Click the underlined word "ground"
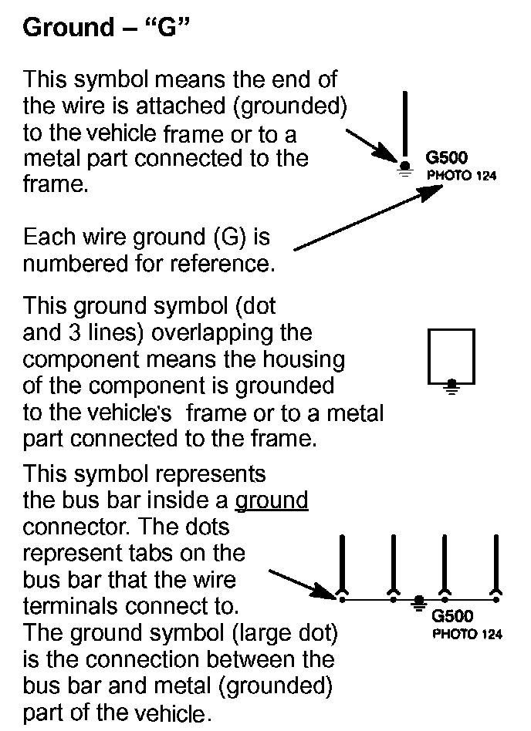[272, 500]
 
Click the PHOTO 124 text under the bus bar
[466, 635]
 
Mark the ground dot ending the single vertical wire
[404, 165]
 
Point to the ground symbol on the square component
[452, 384]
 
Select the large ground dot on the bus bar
[419, 599]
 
